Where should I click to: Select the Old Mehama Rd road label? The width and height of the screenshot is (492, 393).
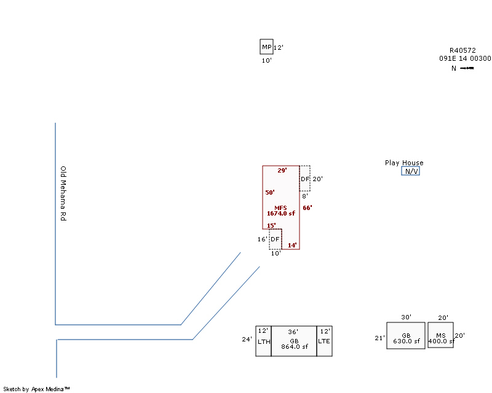click(x=63, y=193)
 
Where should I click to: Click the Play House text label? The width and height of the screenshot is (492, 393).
click(x=404, y=163)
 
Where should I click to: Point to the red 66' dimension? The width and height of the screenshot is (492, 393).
click(x=307, y=208)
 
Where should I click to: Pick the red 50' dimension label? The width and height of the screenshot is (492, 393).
click(x=270, y=192)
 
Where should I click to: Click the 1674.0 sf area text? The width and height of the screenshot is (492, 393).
click(x=281, y=214)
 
